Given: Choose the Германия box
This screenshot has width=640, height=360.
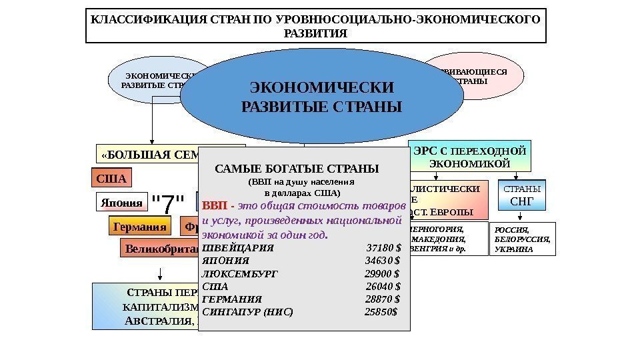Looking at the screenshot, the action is click(139, 227).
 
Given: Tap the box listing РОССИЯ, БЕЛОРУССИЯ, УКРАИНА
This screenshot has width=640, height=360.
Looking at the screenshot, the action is click(523, 239).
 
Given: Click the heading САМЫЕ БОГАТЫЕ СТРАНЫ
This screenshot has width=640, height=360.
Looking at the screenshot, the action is click(297, 167).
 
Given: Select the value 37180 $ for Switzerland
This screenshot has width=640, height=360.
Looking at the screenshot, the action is click(383, 248).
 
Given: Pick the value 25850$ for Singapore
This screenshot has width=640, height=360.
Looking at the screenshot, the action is click(381, 311).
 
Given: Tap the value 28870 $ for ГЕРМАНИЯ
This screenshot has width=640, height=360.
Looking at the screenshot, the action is click(383, 299).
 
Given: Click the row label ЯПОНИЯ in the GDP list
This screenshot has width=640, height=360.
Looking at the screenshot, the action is click(225, 261).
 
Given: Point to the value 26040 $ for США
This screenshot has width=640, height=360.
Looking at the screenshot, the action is click(383, 286).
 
